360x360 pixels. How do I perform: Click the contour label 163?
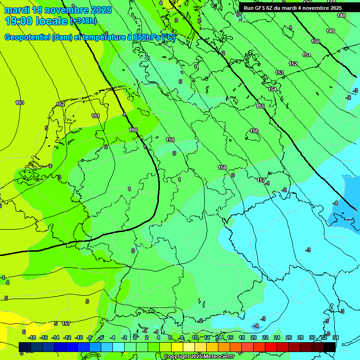click(20, 103)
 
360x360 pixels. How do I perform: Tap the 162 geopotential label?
click(60, 104)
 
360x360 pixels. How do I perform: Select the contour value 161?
click(96, 116)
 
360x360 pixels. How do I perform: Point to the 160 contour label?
click(133, 130)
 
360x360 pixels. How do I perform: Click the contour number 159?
click(170, 140)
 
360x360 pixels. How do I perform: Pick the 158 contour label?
click(222, 167)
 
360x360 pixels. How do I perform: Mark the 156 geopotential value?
click(254, 131)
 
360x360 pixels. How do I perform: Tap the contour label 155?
click(260, 106)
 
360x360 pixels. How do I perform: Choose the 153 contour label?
click(279, 73)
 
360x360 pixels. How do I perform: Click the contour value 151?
click(307, 55)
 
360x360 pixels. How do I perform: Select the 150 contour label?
click(315, 41)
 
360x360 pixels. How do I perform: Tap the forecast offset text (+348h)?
click(84, 21)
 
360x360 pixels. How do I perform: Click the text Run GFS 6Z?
click(259, 8)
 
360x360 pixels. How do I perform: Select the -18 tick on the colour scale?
click(32, 337)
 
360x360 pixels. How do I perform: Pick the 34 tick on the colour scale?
click(335, 337)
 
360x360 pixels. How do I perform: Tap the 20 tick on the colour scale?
click(254, 337)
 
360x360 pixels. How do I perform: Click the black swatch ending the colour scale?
click(330, 347)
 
